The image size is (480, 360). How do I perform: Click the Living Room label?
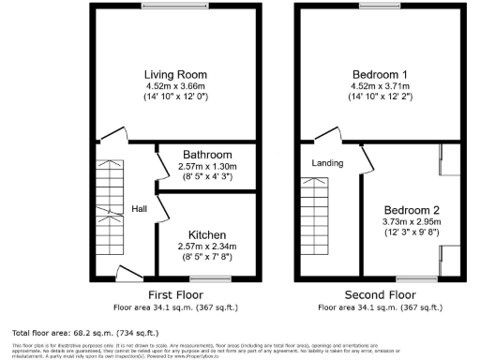click(175, 75)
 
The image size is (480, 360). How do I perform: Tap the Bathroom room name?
click(207, 154)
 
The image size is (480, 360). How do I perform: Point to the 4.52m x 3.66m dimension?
click(175, 85)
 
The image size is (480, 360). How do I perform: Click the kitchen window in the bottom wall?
click(211, 278)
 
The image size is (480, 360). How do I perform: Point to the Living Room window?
click(175, 7)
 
